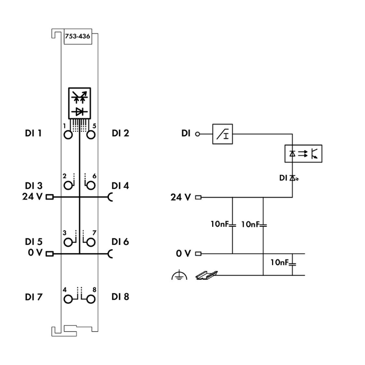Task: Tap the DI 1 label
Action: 33,133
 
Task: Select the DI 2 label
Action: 120,133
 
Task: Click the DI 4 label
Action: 120,185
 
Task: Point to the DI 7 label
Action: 33,296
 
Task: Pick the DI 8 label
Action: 120,296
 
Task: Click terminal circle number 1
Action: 68,135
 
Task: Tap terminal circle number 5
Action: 90,135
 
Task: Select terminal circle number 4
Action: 68,298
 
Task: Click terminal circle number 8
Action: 90,298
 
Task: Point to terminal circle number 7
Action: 90,242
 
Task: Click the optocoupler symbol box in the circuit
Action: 302,153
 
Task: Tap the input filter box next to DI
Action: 224,133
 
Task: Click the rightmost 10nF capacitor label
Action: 282,263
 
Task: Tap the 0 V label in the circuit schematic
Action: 183,254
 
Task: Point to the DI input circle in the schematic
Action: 197,133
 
